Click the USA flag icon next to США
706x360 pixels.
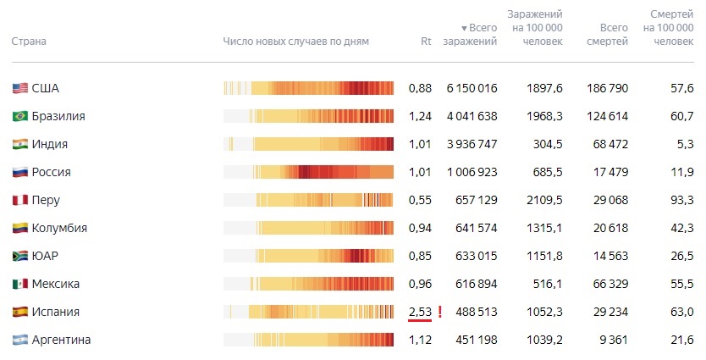tap(20, 88)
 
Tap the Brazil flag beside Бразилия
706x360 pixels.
tap(20, 116)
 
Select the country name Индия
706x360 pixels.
tap(50, 144)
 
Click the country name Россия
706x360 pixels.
tap(51, 172)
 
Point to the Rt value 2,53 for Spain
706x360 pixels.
tap(420, 312)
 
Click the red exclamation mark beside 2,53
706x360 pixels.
tap(440, 312)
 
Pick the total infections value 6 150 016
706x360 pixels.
tap(472, 88)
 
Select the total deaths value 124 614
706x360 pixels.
tap(607, 116)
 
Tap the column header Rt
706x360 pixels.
tap(426, 41)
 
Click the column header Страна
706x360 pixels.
tap(29, 41)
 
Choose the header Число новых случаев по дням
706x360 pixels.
tap(296, 41)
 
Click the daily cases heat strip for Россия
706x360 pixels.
tap(309, 172)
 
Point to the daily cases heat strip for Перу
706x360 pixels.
tap(309, 200)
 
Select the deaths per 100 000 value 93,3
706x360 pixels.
tap(681, 200)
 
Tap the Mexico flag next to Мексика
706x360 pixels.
tap(20, 284)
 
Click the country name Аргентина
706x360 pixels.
tap(61, 340)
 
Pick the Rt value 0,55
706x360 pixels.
tap(420, 200)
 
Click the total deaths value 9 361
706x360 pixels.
tap(612, 340)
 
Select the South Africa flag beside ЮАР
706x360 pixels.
tap(20, 256)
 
